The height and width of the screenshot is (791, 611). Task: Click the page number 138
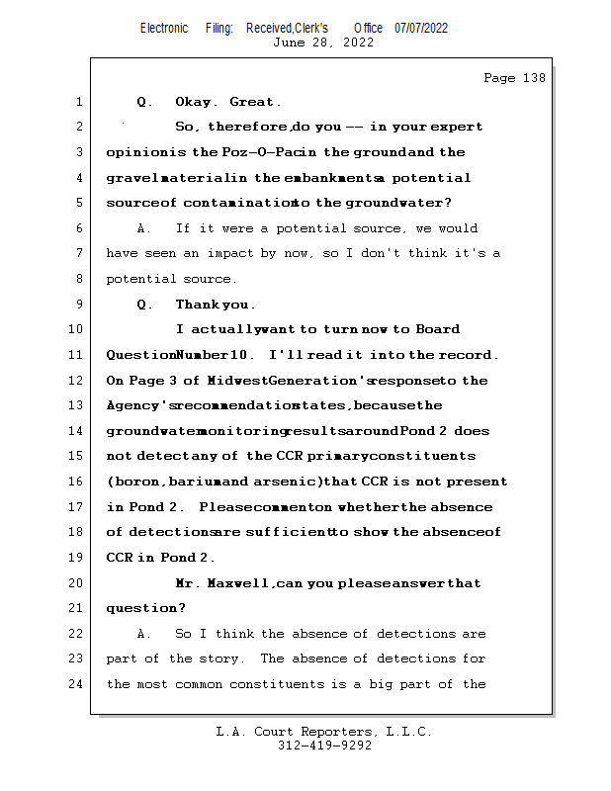(x=532, y=78)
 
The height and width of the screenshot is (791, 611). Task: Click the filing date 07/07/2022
(x=421, y=28)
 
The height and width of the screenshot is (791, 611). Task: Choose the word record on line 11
(x=468, y=355)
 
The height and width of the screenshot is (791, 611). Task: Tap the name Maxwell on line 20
(x=240, y=583)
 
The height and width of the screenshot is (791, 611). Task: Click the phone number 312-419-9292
(x=324, y=747)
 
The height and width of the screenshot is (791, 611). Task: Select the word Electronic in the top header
(x=164, y=28)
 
